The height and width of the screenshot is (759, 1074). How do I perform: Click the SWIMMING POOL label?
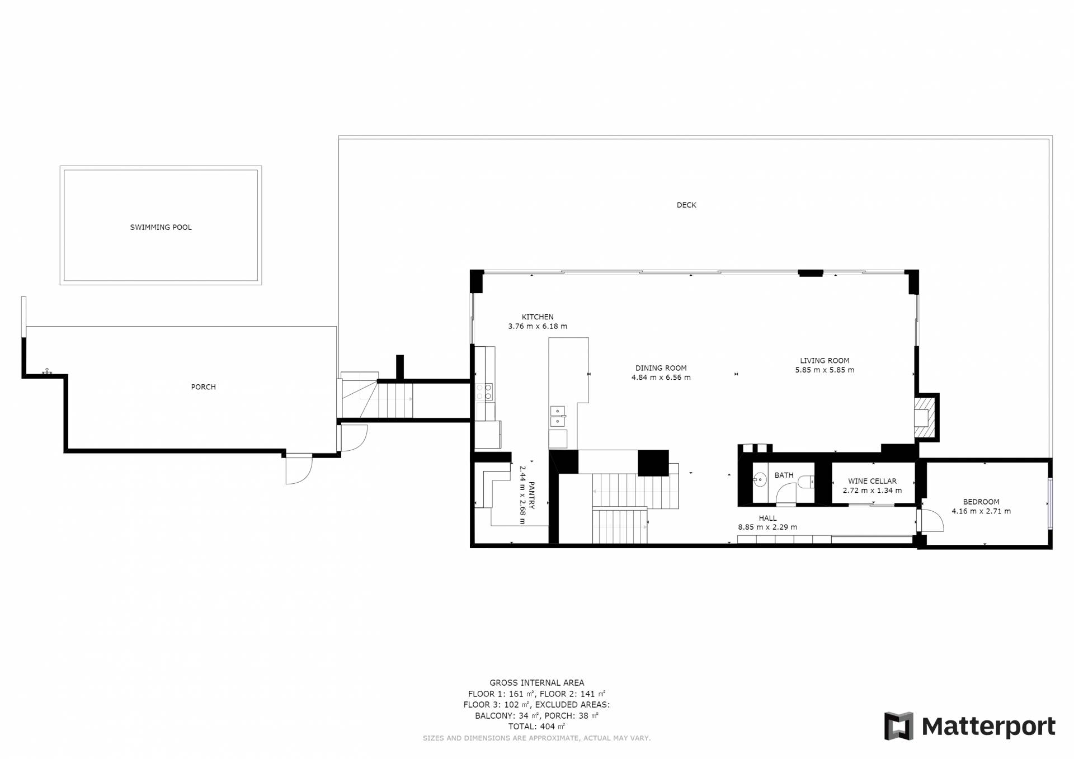click(161, 227)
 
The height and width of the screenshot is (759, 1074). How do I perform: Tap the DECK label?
click(686, 205)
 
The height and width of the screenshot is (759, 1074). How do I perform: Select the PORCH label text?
click(203, 386)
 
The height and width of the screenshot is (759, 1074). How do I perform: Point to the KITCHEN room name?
click(538, 317)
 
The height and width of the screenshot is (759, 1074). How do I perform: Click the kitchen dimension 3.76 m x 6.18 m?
click(538, 326)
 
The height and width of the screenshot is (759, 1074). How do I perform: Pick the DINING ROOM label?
click(661, 368)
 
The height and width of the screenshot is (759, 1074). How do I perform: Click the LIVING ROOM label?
click(825, 361)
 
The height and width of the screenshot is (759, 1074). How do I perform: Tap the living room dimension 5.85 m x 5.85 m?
click(825, 370)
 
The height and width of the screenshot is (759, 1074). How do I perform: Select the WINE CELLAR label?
click(872, 481)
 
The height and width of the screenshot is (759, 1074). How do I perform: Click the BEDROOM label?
click(981, 502)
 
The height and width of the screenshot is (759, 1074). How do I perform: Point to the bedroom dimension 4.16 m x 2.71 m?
click(981, 511)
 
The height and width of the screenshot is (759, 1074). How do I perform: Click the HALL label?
click(767, 518)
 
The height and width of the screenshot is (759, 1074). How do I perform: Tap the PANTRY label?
click(531, 496)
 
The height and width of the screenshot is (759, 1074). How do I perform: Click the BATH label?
click(784, 475)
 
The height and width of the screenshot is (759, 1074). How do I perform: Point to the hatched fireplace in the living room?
click(924, 417)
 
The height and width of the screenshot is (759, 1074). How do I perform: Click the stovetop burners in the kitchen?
click(484, 392)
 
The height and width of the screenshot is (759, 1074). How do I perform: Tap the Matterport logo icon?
click(898, 726)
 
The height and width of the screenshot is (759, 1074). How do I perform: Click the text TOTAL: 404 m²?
click(536, 727)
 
